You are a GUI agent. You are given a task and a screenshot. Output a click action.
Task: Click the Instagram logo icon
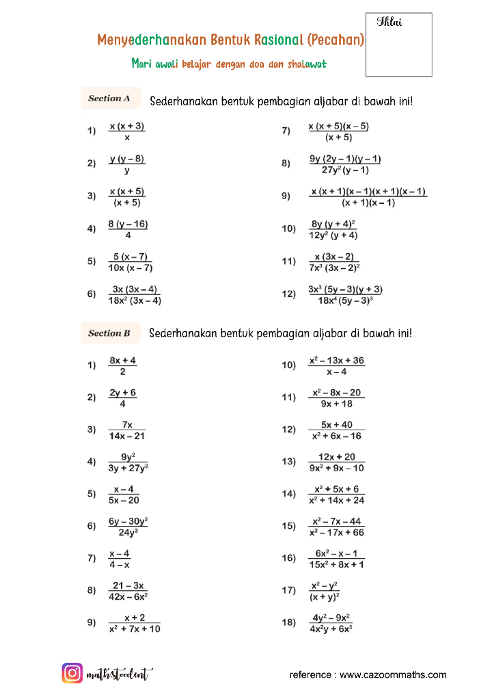pos(72,673)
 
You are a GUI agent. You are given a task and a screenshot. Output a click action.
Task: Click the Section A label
pos(109,98)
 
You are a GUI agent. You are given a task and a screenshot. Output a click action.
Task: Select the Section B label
pos(109,333)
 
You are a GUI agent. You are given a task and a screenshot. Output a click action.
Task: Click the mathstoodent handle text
pos(120,674)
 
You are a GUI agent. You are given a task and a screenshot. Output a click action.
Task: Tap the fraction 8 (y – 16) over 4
pos(128,229)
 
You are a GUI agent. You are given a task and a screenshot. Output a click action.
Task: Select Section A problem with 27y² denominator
pos(345,164)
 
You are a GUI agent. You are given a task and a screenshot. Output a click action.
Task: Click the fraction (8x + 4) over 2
pos(122,365)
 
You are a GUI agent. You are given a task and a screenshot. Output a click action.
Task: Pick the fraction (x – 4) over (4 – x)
pos(119,559)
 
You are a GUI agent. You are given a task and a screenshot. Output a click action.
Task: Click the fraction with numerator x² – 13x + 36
pos(336,365)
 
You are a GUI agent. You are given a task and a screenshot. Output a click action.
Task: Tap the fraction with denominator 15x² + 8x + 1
pos(336,559)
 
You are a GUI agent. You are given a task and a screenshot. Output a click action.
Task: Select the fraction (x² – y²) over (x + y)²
pos(325,591)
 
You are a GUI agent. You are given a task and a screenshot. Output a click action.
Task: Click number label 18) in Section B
pos(288,623)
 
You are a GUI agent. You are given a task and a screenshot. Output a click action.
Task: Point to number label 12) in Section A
pos(288,294)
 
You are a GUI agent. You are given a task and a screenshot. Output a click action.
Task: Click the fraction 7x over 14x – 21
pos(127,430)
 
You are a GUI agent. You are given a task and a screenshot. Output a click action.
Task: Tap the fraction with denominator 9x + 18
pos(336,398)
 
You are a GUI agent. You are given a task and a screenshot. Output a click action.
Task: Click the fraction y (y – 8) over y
pos(127,164)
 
